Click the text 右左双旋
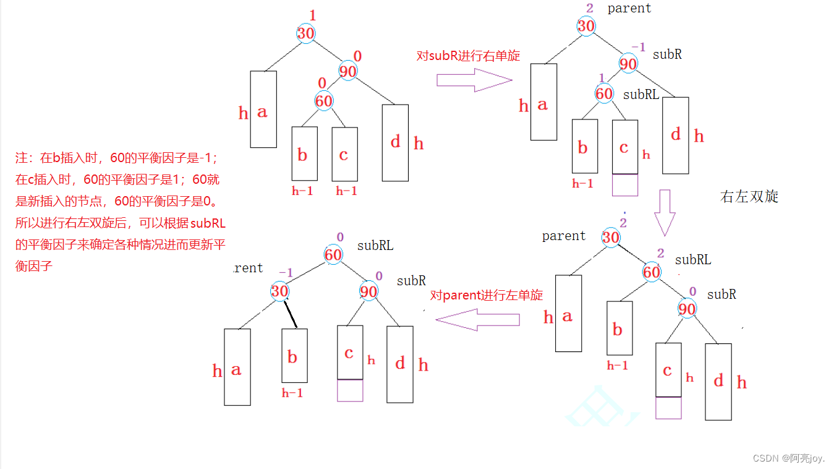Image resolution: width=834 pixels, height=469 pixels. [749, 197]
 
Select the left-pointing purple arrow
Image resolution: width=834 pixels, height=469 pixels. [477, 319]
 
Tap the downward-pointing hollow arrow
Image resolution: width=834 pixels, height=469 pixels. [665, 212]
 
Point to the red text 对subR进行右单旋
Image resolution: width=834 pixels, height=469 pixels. [468, 56]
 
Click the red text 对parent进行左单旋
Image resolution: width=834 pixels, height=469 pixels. [487, 295]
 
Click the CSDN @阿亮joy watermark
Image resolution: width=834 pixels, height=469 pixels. [788, 458]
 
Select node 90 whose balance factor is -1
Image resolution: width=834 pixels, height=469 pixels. [628, 64]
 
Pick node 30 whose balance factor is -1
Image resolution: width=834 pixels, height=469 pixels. [280, 291]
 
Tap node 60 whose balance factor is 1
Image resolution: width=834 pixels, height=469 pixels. [604, 93]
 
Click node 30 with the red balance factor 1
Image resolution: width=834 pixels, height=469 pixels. [306, 33]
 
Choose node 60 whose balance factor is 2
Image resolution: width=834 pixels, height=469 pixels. [652, 272]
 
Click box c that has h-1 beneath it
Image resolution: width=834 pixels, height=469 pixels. [344, 153]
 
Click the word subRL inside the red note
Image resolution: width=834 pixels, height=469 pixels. [208, 223]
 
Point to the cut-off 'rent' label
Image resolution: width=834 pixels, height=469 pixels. [249, 268]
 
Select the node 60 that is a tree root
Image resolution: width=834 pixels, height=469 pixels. [333, 254]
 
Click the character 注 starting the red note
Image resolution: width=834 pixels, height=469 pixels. [22, 158]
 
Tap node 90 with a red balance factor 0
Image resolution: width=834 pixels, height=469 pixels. [348, 71]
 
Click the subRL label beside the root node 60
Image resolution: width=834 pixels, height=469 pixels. [375, 246]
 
